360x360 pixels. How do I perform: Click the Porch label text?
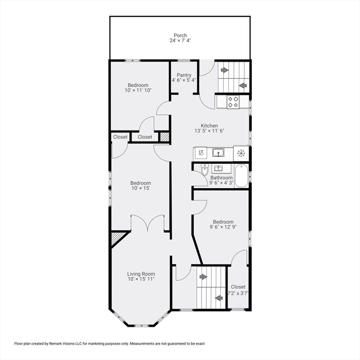(180, 35)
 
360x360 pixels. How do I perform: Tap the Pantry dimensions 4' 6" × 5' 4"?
(184, 80)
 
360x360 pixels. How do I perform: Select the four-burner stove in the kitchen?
(233, 102)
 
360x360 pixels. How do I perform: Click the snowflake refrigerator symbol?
(241, 153)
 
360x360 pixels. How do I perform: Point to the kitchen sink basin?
(217, 153)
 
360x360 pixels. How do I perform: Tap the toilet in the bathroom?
(204, 170)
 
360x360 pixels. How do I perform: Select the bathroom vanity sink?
(218, 168)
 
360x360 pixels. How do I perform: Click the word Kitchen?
(209, 126)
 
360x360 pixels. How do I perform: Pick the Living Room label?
(141, 274)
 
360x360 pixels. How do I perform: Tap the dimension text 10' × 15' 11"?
(141, 279)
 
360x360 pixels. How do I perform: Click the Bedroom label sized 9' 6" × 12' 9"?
(223, 222)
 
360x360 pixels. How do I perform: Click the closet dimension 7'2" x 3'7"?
(238, 293)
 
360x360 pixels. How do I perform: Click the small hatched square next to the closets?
(164, 136)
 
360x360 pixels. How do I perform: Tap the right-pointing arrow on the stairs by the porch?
(224, 70)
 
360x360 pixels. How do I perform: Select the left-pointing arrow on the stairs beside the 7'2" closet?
(218, 298)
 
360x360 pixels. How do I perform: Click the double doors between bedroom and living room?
(148, 223)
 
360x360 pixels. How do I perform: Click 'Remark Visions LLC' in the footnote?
(81, 344)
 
